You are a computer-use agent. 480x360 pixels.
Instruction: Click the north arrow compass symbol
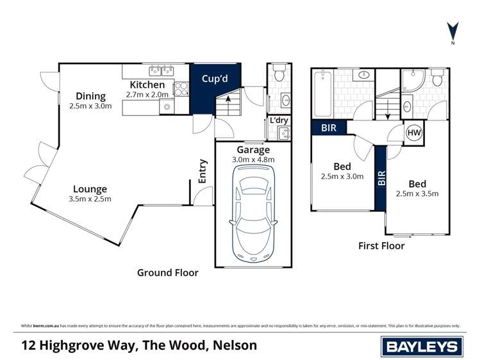tap(452, 31)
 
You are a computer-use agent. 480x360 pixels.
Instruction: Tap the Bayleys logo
tap(422, 347)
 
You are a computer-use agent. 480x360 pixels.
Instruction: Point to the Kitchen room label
tap(147, 85)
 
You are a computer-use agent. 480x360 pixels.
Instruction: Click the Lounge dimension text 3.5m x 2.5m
tap(90, 199)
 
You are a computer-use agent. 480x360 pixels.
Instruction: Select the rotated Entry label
tap(203, 172)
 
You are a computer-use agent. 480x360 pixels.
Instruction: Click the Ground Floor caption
tap(168, 272)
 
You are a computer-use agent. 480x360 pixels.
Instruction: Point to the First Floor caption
tap(381, 245)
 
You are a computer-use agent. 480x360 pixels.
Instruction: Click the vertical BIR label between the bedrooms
tap(382, 177)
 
